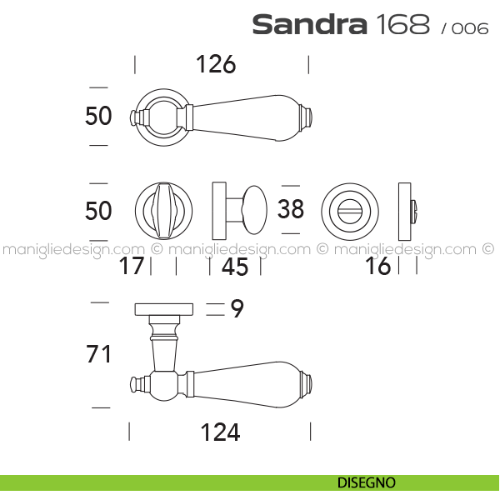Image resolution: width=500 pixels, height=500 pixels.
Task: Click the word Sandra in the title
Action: click(310, 25)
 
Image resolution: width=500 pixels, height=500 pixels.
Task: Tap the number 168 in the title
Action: click(403, 24)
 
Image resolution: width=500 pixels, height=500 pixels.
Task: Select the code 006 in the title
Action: click(470, 28)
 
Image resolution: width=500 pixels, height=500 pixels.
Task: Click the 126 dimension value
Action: click(216, 64)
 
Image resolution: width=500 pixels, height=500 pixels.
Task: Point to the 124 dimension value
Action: click(220, 432)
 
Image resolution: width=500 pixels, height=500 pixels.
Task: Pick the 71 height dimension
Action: click(98, 354)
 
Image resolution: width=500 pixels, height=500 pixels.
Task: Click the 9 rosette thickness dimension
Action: click(237, 308)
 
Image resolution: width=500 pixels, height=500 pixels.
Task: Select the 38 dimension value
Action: click(291, 209)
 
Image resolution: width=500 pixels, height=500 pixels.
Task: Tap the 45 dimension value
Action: click(235, 267)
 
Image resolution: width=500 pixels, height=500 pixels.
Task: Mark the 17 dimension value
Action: click(131, 266)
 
